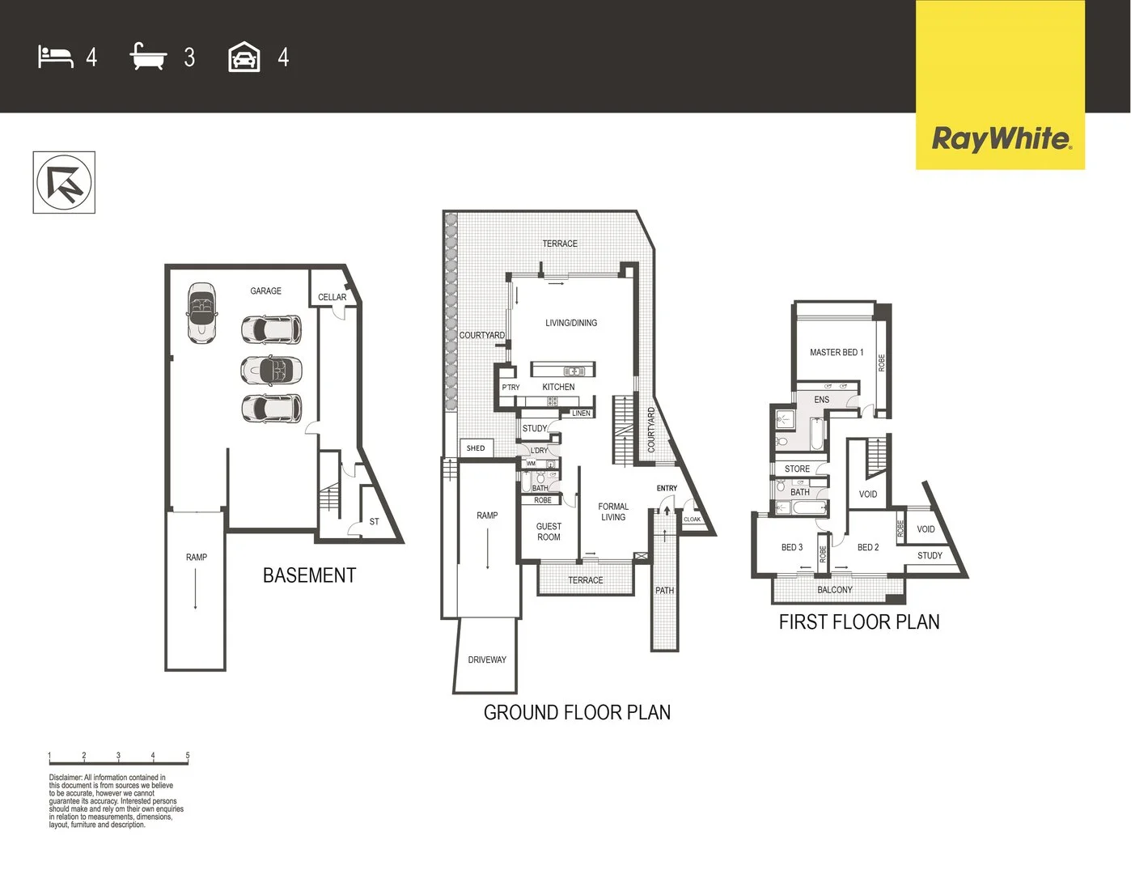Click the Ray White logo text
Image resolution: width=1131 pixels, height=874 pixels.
[1002, 139]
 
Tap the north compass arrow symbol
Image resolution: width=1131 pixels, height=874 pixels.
[64, 183]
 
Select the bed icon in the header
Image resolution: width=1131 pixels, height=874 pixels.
[56, 57]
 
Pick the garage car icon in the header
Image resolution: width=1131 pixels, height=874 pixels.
[244, 57]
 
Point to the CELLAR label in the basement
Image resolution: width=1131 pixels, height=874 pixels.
[332, 297]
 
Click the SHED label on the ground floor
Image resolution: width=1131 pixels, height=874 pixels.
[476, 448]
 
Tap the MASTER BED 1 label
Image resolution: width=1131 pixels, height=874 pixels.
[837, 352]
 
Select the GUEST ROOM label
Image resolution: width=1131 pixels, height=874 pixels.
[549, 532]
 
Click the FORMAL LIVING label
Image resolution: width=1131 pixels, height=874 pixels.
[613, 511]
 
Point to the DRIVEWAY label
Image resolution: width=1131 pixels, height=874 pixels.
[487, 660]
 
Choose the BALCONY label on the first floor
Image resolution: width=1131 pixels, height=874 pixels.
[835, 590]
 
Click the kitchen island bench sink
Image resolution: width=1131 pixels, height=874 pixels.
[573, 371]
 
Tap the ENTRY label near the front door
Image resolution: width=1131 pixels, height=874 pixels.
[667, 488]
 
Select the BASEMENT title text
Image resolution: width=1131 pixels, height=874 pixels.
[309, 575]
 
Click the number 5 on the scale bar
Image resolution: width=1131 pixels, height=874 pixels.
[188, 755]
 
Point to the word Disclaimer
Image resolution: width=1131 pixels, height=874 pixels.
[65, 778]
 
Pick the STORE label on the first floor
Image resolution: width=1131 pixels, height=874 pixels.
[797, 469]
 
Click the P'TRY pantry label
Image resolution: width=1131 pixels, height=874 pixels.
[510, 388]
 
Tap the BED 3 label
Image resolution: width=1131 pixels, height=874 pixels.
[792, 548]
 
